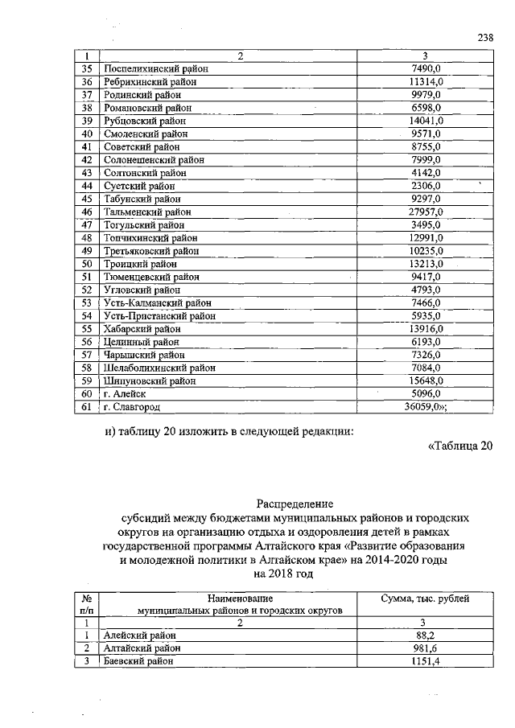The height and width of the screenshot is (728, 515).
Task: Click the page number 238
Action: coord(483,37)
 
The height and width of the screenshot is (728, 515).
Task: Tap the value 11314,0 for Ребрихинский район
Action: coord(421,82)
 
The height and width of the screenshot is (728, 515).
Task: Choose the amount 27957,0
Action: coord(421,212)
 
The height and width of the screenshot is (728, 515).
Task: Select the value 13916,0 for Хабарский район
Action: coord(421,329)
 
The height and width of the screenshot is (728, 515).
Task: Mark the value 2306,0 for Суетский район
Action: coord(421,186)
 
